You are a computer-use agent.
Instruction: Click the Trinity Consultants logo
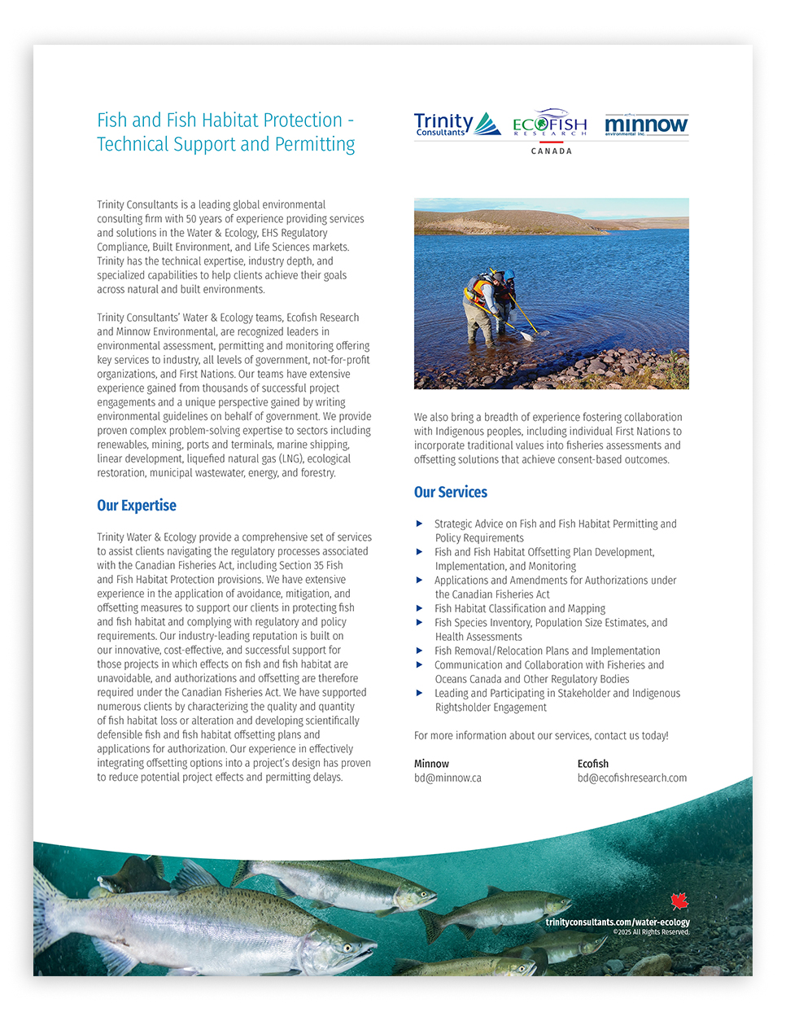(456, 125)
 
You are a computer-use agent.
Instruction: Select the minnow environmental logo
(646, 125)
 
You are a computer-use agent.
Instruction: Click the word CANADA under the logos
(552, 151)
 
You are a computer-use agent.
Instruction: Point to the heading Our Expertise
(137, 506)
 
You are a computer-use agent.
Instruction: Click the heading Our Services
(451, 493)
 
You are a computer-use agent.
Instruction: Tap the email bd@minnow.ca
(448, 778)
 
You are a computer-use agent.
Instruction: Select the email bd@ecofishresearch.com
(632, 778)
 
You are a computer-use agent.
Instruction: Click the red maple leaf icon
(679, 900)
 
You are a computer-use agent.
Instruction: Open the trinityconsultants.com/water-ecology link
(618, 922)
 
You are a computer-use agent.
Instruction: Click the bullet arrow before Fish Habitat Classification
(420, 608)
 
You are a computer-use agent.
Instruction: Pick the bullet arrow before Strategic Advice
(420, 524)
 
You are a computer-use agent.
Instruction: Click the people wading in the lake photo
(551, 293)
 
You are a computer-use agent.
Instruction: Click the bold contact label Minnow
(431, 764)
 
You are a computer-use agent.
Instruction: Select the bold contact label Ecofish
(593, 764)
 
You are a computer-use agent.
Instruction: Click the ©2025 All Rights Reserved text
(651, 932)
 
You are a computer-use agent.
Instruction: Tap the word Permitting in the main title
(314, 145)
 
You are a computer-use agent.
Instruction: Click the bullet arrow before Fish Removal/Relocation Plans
(420, 651)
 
